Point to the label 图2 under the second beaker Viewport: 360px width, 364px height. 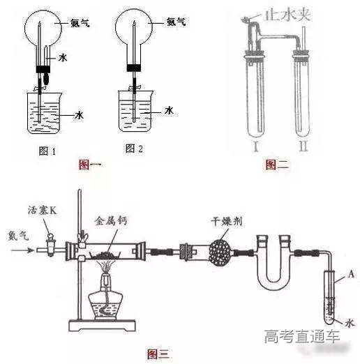pos(135,148)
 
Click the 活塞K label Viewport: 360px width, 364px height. pos(42,209)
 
